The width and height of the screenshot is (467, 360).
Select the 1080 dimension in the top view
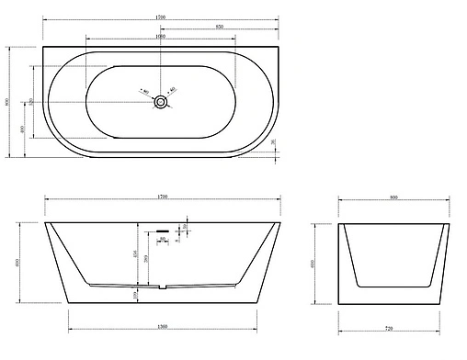pyautogui.click(x=161, y=38)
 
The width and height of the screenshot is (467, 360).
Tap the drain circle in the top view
pyautogui.click(x=161, y=102)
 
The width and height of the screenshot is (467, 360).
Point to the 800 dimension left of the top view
pyautogui.click(x=8, y=102)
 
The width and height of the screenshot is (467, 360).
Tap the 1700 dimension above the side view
pyautogui.click(x=162, y=197)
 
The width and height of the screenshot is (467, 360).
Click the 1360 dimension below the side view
pyautogui.click(x=162, y=328)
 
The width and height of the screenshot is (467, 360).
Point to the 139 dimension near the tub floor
pyautogui.click(x=135, y=294)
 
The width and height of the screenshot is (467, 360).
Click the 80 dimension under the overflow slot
pyautogui.click(x=162, y=240)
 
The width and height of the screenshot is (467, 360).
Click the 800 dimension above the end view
pyautogui.click(x=393, y=197)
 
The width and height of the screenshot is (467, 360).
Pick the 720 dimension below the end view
pyautogui.click(x=393, y=328)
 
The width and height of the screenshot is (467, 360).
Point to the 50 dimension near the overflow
pyautogui.click(x=187, y=226)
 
